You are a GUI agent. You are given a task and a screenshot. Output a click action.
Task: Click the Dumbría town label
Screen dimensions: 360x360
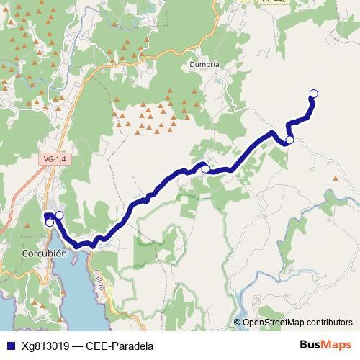[204, 63]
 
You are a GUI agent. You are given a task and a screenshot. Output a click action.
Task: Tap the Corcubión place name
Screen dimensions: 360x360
[45, 253]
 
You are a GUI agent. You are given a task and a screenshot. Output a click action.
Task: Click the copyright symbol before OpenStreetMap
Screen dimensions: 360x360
[238, 323]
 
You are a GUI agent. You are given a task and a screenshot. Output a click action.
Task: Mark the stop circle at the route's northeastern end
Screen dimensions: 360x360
[313, 93]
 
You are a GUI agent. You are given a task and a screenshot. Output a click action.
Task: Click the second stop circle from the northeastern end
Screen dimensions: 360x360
[289, 140]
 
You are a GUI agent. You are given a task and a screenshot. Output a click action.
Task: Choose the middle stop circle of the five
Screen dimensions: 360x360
[205, 169]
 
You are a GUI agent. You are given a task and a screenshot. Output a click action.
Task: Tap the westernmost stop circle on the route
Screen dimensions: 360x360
[49, 222]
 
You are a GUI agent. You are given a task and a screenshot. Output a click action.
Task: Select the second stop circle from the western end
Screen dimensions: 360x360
[59, 215]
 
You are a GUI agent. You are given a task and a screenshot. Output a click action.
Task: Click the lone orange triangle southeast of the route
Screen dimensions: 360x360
[335, 177]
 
